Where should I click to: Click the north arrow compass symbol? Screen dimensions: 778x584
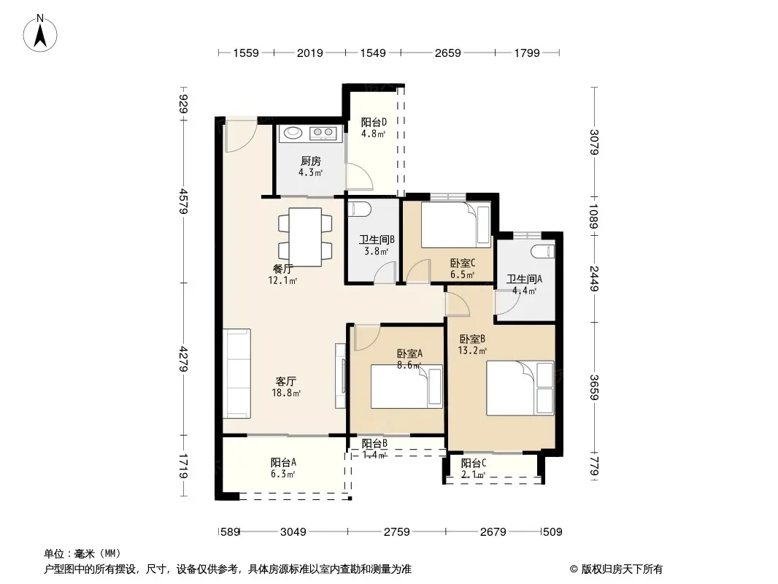click(40, 34)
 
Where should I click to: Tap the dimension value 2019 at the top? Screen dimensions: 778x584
click(309, 53)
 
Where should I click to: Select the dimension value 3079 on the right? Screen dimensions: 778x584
click(594, 142)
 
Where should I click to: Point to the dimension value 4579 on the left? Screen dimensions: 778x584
click(184, 201)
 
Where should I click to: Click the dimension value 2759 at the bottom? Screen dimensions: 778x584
click(397, 532)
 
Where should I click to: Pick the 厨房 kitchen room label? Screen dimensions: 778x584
click(311, 161)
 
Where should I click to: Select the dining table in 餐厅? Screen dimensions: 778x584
click(305, 237)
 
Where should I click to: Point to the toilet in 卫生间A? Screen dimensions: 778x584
click(542, 251)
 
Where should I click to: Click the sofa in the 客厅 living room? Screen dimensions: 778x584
click(236, 374)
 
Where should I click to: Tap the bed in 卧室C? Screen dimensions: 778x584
click(456, 225)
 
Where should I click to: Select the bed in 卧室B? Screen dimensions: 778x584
click(520, 388)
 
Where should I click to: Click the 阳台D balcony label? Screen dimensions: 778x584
click(374, 122)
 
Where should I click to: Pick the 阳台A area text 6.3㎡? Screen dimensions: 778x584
click(283, 474)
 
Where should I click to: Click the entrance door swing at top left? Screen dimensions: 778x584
click(241, 135)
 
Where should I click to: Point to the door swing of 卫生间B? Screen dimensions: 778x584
click(385, 272)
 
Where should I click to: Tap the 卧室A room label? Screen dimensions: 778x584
click(410, 354)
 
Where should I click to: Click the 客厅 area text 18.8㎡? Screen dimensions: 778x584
click(286, 393)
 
